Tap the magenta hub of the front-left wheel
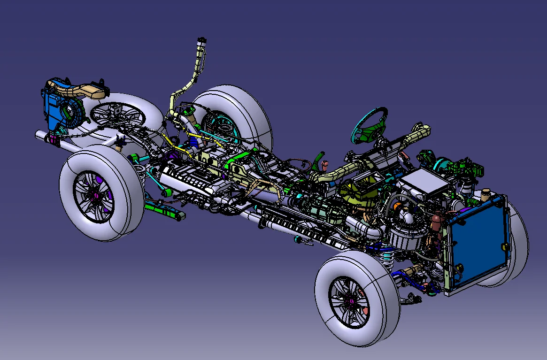[x=349, y=300]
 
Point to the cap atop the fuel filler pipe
[x=202, y=41]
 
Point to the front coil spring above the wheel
[x=387, y=258]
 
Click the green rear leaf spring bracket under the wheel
[x=164, y=211]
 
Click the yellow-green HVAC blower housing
[x=357, y=192]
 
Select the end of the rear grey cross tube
[x=39, y=135]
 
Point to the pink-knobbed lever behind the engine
[x=324, y=164]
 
